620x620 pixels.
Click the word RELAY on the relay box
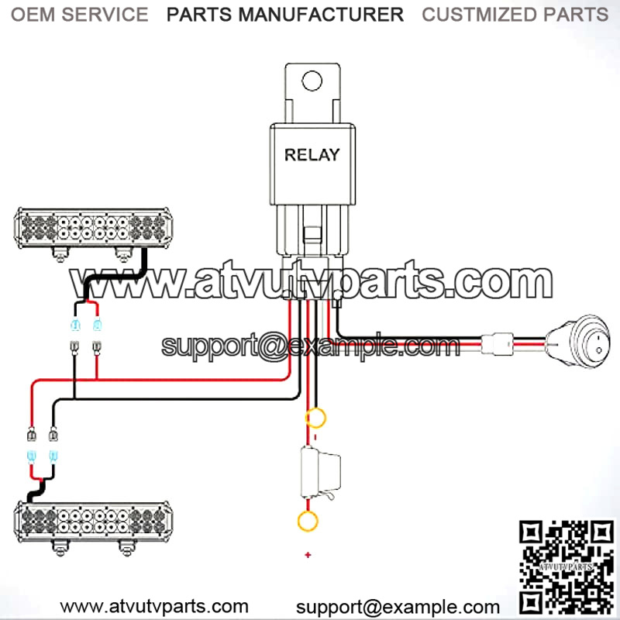[x=312, y=154]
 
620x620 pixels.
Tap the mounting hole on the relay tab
[x=312, y=81]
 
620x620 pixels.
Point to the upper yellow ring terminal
[x=315, y=418]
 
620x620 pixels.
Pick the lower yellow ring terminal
[x=308, y=520]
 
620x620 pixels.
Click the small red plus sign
[x=308, y=555]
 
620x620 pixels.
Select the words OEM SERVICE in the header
[x=81, y=14]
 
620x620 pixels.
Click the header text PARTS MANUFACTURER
[x=285, y=14]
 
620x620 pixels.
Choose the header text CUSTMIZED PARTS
[x=515, y=14]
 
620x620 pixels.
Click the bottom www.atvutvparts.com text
[x=155, y=606]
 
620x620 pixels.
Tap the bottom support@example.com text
[x=398, y=607]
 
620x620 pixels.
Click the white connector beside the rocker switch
[x=494, y=342]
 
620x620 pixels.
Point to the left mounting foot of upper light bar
[x=59, y=252]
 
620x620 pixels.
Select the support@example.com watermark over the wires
[x=310, y=345]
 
